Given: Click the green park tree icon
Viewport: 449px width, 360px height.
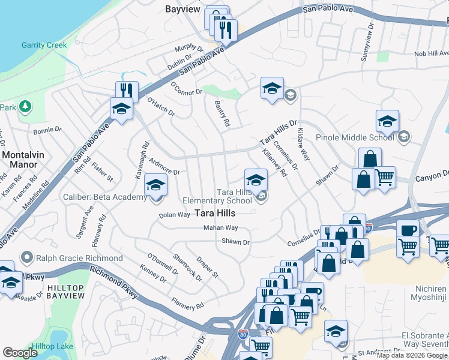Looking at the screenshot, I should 25,107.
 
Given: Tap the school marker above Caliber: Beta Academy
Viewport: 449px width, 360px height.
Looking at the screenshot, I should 155,186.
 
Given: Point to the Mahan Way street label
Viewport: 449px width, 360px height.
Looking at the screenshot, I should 220,228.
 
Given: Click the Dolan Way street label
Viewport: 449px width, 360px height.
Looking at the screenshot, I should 174,215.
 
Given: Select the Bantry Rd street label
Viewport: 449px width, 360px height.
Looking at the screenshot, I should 221,113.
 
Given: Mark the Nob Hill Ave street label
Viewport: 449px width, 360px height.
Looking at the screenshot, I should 431,54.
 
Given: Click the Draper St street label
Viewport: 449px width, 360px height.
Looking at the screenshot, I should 207,267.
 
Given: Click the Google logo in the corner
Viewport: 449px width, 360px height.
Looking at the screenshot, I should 20,352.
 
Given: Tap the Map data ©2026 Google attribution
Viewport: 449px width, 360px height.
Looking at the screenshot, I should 412,355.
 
